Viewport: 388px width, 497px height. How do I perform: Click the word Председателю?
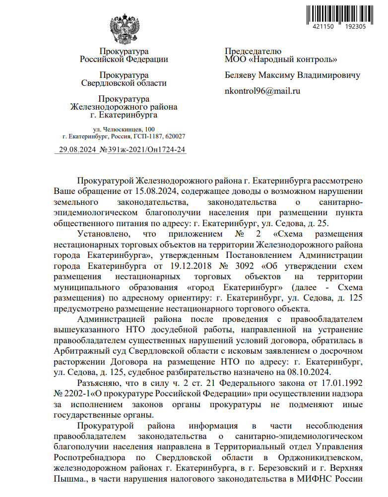(253, 51)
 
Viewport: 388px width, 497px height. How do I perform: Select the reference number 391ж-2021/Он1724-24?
(147, 149)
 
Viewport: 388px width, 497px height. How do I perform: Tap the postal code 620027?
(176, 136)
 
